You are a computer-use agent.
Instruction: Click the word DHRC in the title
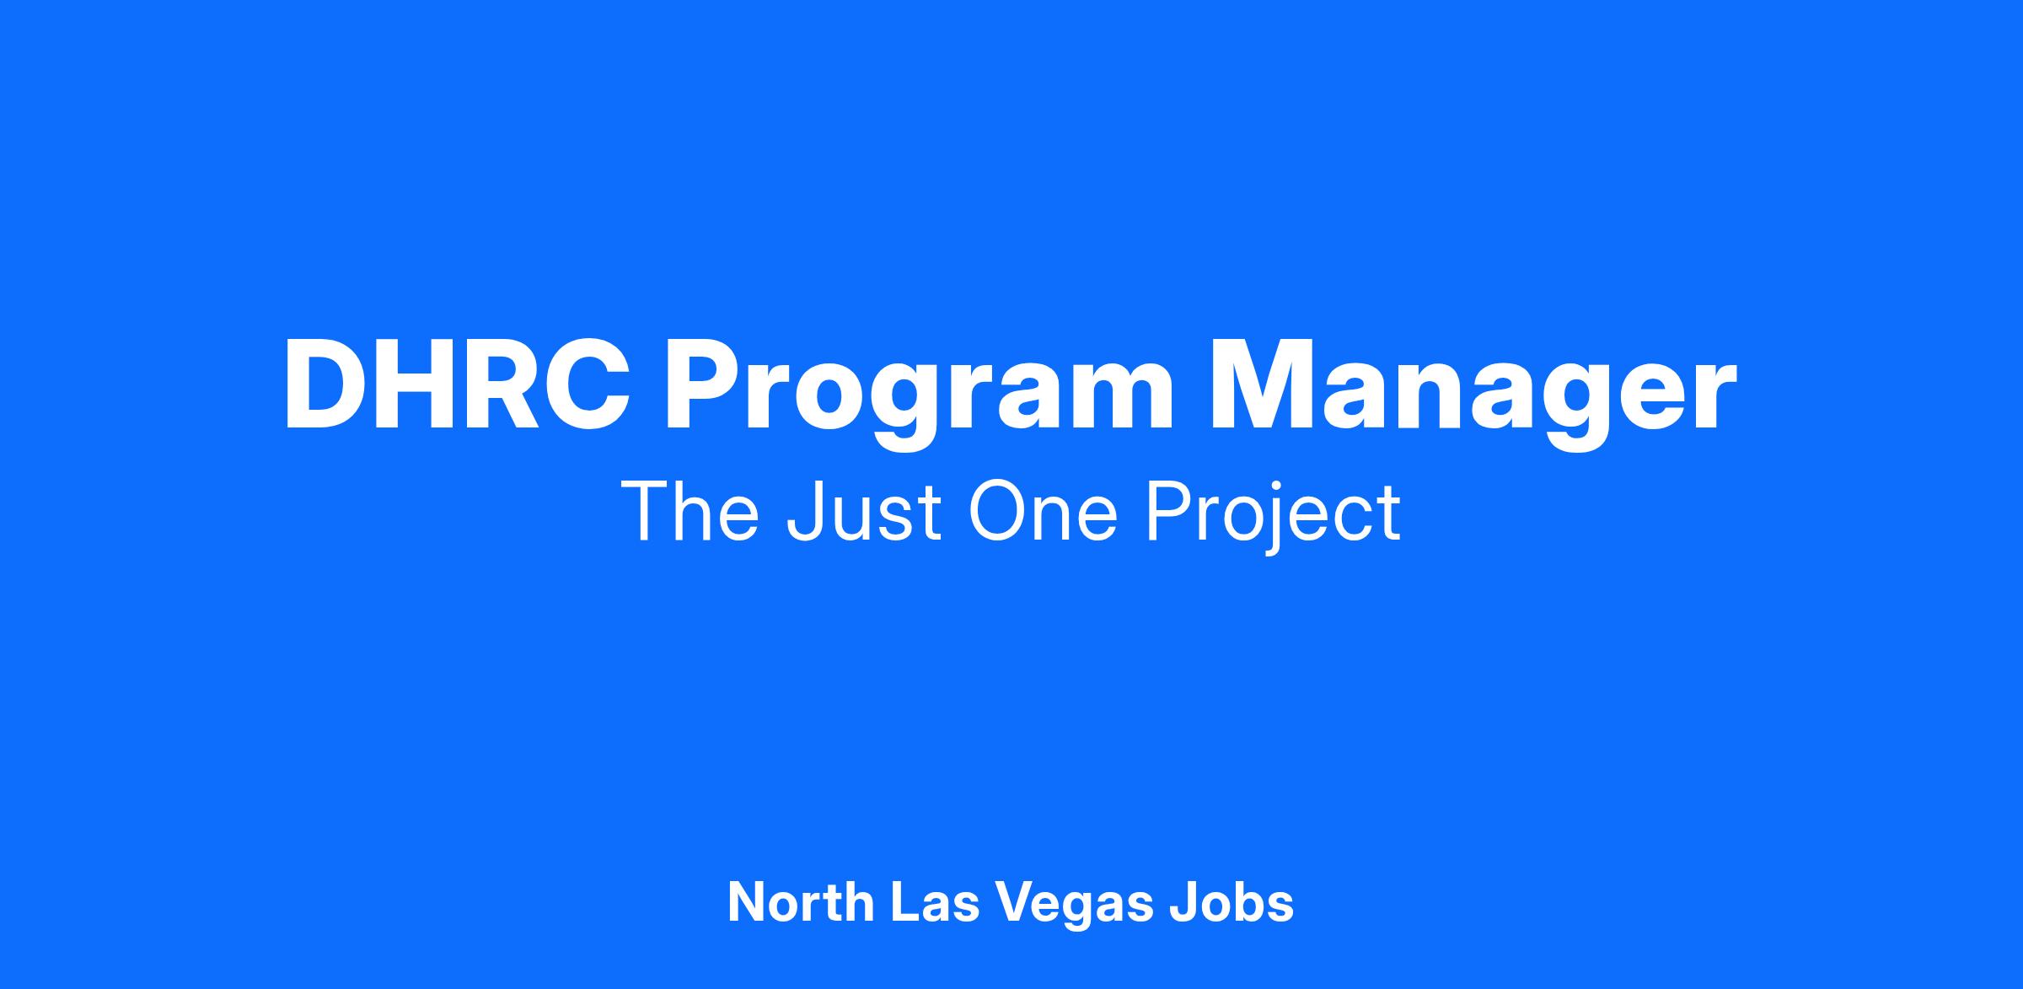(x=457, y=384)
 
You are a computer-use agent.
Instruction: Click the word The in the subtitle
(x=690, y=512)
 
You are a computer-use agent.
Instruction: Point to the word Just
(x=863, y=512)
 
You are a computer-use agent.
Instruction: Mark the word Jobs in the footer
(x=1232, y=902)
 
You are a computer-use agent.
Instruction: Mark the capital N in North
(x=747, y=902)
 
